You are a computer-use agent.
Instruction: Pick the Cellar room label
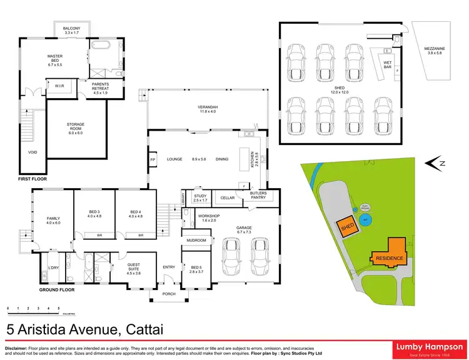pos(227,198)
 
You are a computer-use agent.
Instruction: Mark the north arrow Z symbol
pos(441,164)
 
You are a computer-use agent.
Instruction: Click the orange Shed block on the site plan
pos(348,227)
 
